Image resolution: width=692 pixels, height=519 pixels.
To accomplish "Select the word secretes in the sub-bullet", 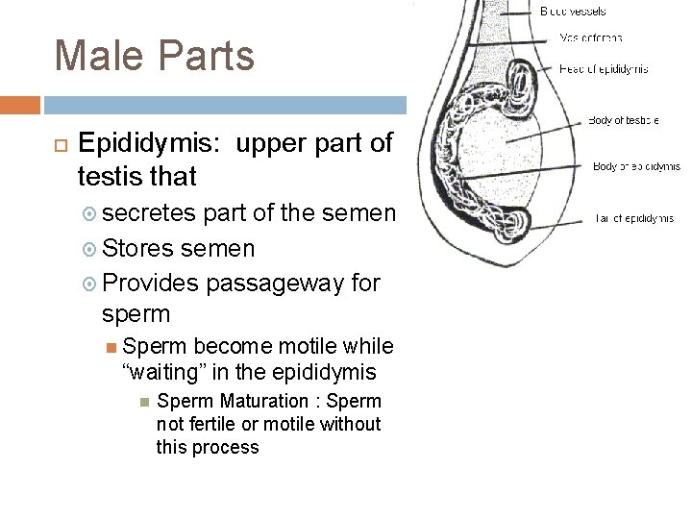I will [148, 211].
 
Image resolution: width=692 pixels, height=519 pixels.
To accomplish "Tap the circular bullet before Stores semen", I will [88, 249].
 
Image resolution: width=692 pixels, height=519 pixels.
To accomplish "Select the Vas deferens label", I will [591, 38].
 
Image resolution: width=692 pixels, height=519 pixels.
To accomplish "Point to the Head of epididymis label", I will [604, 68].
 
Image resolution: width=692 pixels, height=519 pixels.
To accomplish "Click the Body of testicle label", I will [623, 120].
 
